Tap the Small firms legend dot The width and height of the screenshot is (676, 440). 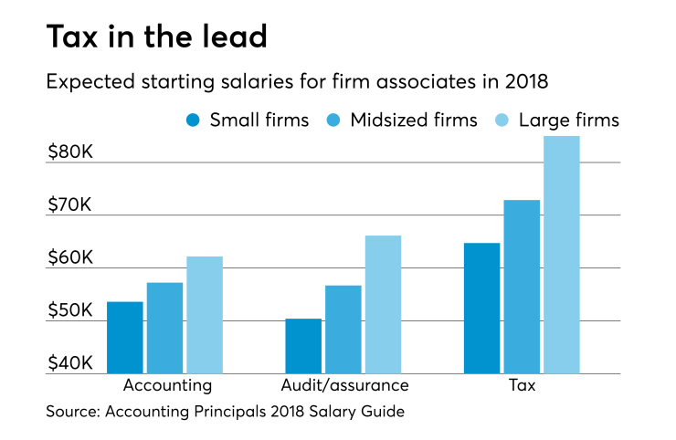tap(193, 120)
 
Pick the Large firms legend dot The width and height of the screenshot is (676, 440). tap(502, 120)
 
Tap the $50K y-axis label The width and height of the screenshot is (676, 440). tap(70, 311)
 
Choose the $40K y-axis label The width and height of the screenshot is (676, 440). tap(70, 363)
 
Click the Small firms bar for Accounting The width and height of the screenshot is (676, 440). tap(124, 337)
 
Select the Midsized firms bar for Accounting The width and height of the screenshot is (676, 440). tap(164, 328)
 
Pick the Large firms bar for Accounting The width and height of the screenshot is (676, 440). tap(205, 315)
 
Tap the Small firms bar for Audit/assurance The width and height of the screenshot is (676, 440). tap(303, 346)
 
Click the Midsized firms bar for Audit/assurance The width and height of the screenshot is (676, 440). tap(343, 330)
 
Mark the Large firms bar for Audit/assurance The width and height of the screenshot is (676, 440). tap(383, 304)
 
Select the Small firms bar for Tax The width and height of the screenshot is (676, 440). tap(481, 308)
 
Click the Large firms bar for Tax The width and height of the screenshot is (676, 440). tap(561, 255)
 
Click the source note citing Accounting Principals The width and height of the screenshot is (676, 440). tap(225, 412)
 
